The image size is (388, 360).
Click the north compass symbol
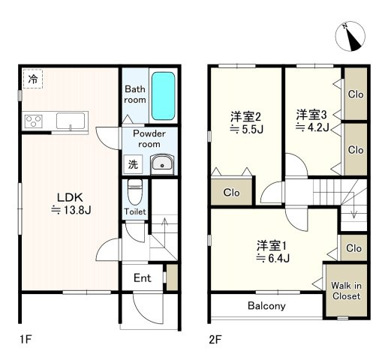tap(350, 36)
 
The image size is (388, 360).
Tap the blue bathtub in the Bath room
tap(163, 96)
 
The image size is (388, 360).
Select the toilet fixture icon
tap(135, 192)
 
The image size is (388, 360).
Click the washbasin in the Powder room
tap(162, 164)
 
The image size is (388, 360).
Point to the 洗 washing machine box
tap(133, 164)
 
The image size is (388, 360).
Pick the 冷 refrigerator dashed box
tap(33, 79)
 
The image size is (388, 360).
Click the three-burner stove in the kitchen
tap(34, 121)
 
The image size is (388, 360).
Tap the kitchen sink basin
tap(71, 121)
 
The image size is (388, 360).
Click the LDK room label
tap(70, 197)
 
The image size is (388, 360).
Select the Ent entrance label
tap(143, 278)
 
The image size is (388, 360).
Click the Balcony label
tap(266, 306)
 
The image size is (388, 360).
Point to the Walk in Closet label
tap(346, 291)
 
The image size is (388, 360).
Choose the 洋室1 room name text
tap(272, 246)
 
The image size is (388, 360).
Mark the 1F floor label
tap(26, 340)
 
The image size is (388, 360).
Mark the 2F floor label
tap(215, 340)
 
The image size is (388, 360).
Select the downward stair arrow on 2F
tap(353, 205)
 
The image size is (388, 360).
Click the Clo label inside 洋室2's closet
tap(231, 193)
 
